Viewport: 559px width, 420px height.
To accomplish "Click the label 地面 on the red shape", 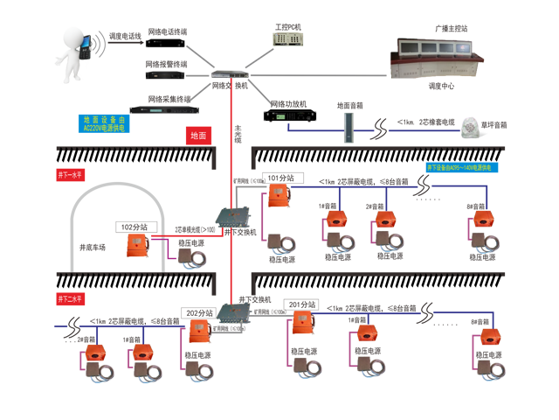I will pyautogui.click(x=198, y=136).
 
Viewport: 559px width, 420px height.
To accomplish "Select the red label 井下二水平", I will pyautogui.click(x=69, y=301).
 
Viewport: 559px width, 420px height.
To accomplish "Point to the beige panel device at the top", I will pyautogui.click(x=286, y=38).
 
